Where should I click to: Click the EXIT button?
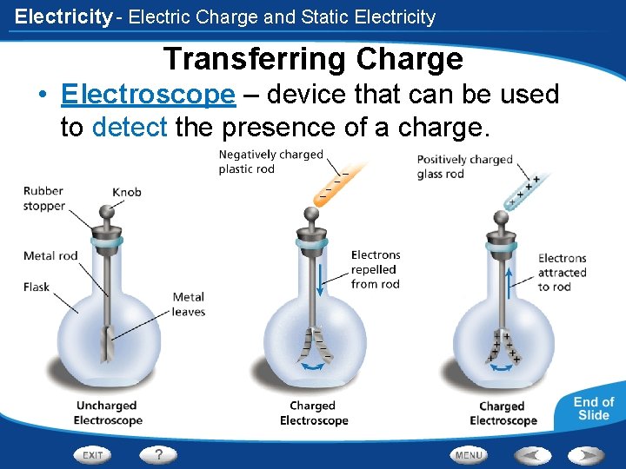click(94, 454)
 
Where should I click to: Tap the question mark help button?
click(158, 454)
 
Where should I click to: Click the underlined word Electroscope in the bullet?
click(149, 95)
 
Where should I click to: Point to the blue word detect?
click(129, 128)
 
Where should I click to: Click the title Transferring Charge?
click(313, 59)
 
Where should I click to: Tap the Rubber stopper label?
click(44, 199)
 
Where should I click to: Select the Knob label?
click(127, 192)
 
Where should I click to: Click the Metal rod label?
click(51, 255)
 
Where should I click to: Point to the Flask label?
click(37, 287)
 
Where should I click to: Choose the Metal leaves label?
click(189, 305)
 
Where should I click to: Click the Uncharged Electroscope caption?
click(107, 413)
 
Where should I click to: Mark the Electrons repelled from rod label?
click(376, 269)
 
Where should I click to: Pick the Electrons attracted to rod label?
click(562, 272)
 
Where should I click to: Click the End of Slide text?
click(594, 408)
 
